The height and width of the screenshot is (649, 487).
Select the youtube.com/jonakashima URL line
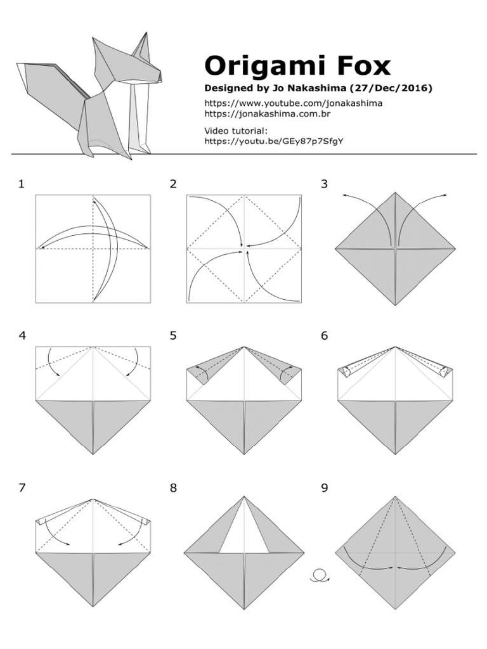click(x=293, y=103)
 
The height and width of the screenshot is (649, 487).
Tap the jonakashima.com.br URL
click(x=267, y=114)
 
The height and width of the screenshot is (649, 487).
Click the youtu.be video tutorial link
click(x=274, y=141)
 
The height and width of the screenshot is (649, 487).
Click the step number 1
click(x=22, y=184)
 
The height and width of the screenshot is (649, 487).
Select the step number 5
click(x=173, y=336)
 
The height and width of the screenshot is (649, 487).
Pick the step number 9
click(x=325, y=487)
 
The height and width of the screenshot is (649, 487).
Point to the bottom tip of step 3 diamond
click(x=395, y=304)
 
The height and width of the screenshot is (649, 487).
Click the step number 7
click(x=22, y=487)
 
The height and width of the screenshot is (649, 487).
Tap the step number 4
click(x=22, y=336)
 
